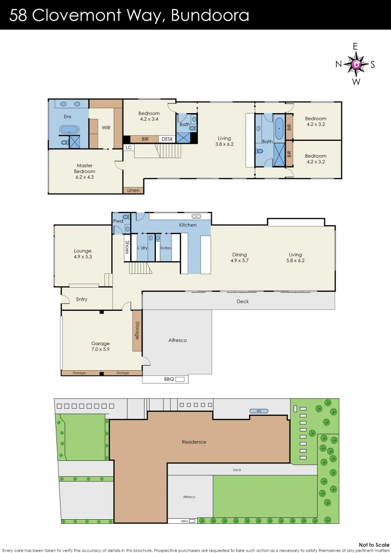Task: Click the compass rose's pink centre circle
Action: (x=356, y=64)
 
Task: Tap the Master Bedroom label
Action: (x=85, y=171)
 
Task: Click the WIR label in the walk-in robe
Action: (x=106, y=127)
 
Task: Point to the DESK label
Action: (x=167, y=139)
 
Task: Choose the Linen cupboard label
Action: (x=133, y=190)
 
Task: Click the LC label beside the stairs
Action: (x=129, y=147)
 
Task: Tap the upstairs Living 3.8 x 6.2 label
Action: (x=224, y=141)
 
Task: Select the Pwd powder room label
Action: (x=118, y=221)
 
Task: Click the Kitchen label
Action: (x=187, y=225)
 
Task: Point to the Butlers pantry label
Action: (x=166, y=248)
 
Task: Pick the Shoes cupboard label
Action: (x=127, y=248)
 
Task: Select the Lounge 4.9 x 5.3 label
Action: (x=83, y=254)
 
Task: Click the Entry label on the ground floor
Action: (x=81, y=299)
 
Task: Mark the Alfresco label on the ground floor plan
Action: (x=177, y=340)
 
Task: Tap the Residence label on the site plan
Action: (x=194, y=442)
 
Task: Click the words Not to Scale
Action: (x=371, y=545)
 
